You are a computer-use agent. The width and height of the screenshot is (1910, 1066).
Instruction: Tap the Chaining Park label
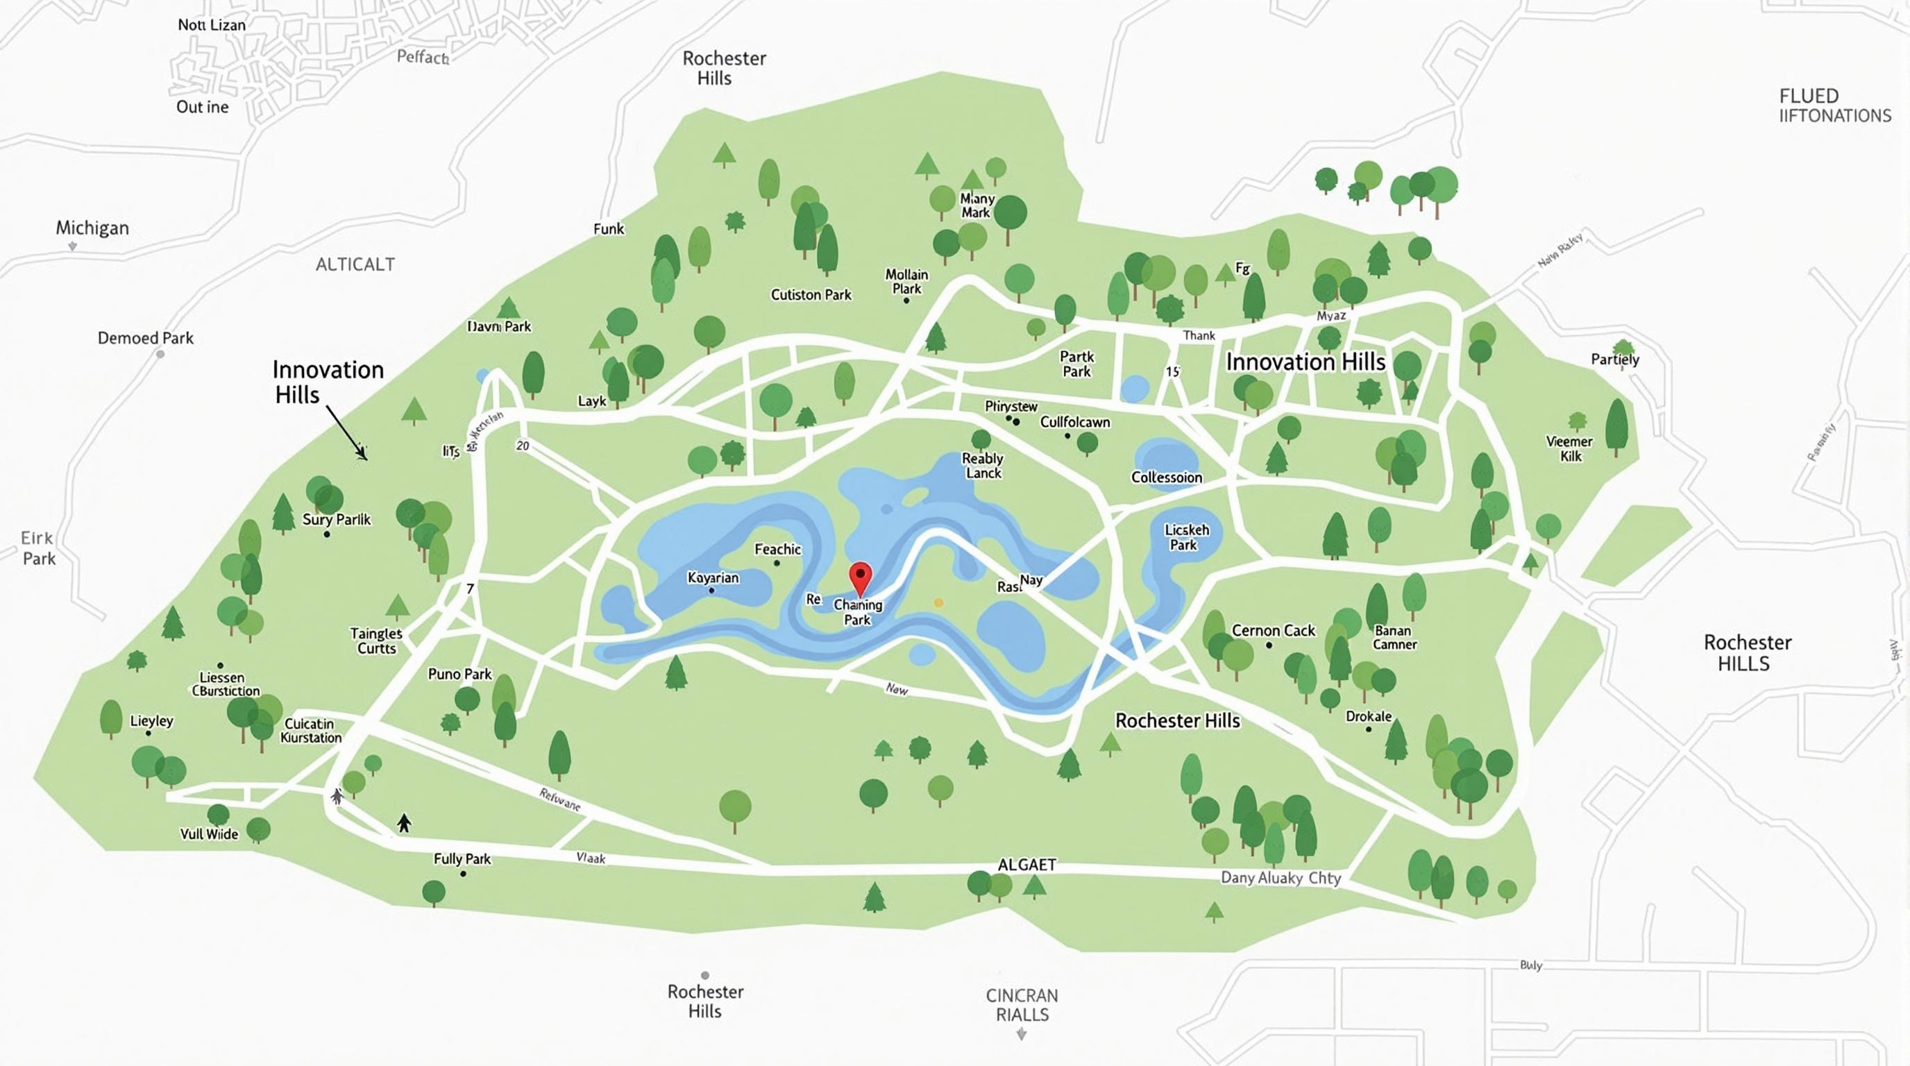(x=858, y=611)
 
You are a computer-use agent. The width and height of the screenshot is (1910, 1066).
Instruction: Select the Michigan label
(x=93, y=228)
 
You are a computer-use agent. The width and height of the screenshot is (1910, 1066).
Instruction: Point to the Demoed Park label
(x=145, y=338)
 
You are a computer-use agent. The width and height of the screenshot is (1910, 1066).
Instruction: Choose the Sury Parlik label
(x=336, y=519)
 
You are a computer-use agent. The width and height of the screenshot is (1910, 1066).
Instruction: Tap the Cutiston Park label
(x=811, y=294)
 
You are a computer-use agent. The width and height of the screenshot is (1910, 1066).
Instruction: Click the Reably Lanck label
(x=983, y=466)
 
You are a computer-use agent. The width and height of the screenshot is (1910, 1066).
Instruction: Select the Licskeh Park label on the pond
(x=1186, y=537)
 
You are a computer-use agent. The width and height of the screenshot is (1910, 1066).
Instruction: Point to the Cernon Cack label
(x=1273, y=630)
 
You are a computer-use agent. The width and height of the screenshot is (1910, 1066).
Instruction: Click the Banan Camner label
(x=1394, y=637)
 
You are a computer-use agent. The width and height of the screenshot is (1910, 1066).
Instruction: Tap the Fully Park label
(x=462, y=858)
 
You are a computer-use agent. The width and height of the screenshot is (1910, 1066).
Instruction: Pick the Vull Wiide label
(x=209, y=834)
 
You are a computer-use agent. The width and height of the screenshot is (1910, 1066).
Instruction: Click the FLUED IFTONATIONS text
(x=1834, y=106)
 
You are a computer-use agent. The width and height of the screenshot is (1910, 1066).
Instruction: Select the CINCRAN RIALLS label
(x=1022, y=1004)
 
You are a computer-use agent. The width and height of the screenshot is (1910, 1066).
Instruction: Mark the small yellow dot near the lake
(x=938, y=602)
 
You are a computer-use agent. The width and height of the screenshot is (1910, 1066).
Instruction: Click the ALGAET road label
(x=1027, y=864)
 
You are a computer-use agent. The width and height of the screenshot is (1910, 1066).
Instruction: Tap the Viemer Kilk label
(x=1569, y=448)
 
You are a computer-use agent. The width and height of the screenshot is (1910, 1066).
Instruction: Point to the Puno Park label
(x=459, y=674)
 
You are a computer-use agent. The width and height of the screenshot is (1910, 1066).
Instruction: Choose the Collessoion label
(x=1166, y=477)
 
